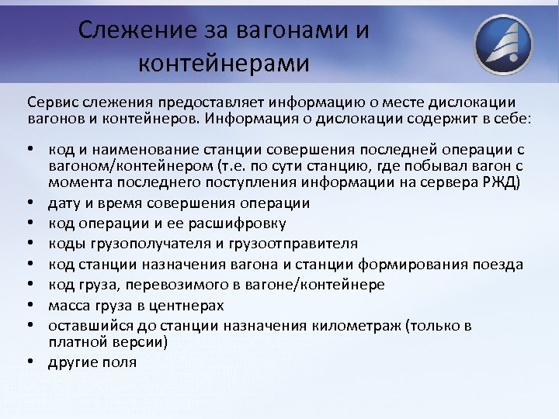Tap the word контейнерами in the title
[x=224, y=63]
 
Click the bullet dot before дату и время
[x=32, y=203]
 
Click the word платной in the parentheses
[x=75, y=341]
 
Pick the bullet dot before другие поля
[x=32, y=362]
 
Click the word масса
[x=67, y=305]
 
